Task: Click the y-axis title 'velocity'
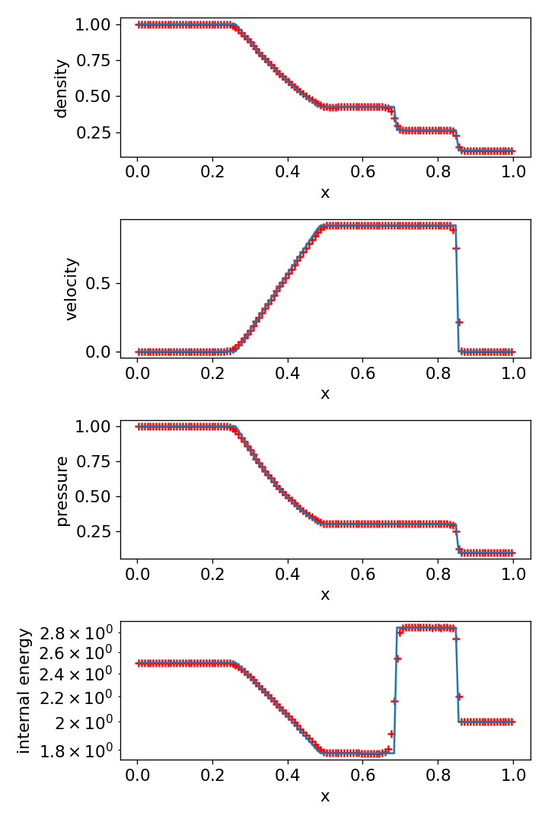tap(72, 288)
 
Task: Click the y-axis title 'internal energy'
tap(24, 690)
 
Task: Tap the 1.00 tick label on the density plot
tap(96, 24)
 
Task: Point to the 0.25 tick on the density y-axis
tap(96, 132)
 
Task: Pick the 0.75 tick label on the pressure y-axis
tap(96, 461)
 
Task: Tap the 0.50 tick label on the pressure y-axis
tap(96, 496)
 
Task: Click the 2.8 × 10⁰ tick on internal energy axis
tap(78, 632)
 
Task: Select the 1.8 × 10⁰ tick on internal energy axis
tap(78, 750)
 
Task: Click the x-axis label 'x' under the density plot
tap(325, 193)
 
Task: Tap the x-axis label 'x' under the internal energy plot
tap(325, 796)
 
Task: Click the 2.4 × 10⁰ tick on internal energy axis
tap(78, 674)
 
